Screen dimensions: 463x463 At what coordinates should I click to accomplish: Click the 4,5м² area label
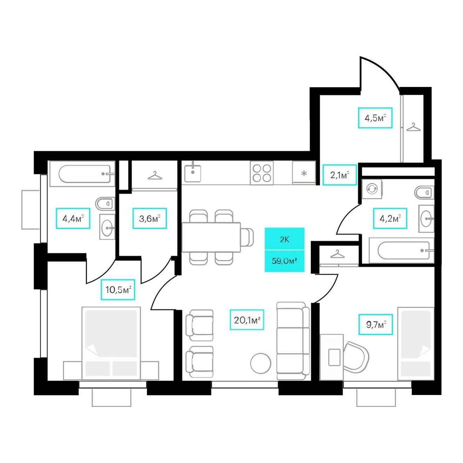[x=375, y=118]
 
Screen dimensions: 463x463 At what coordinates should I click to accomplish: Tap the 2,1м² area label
[x=339, y=175]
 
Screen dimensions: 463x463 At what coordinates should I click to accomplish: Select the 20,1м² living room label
[x=247, y=320]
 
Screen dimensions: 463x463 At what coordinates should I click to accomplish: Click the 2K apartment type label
[x=284, y=239]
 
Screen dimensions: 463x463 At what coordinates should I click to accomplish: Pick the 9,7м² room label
[x=376, y=324]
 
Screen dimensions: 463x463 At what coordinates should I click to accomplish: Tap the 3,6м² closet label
[x=149, y=219]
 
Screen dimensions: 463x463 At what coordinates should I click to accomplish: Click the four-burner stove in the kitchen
[x=261, y=173]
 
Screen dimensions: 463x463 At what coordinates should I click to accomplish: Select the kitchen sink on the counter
[x=193, y=173]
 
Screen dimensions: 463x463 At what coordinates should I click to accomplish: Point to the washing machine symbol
[x=372, y=189]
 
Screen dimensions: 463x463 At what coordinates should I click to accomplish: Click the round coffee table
[x=261, y=363]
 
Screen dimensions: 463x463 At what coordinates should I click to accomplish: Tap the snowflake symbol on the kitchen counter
[x=304, y=173]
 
